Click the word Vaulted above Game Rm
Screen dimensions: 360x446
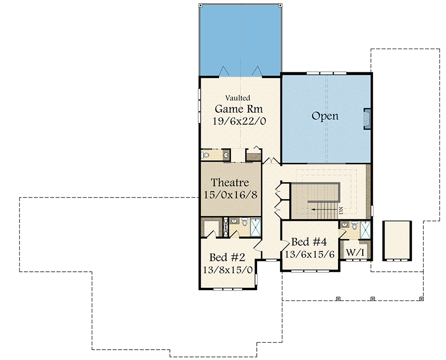(x=238, y=98)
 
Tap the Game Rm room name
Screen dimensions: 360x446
(x=238, y=108)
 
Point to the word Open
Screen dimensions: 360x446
(x=325, y=116)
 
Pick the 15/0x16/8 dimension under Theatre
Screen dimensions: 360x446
(x=230, y=194)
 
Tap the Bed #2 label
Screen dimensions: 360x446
(x=227, y=257)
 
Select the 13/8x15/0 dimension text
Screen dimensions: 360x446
(x=227, y=270)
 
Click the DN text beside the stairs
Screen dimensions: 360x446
(x=341, y=210)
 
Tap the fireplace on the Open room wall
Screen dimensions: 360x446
(x=367, y=119)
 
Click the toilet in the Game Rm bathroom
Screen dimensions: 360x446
(x=206, y=155)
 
